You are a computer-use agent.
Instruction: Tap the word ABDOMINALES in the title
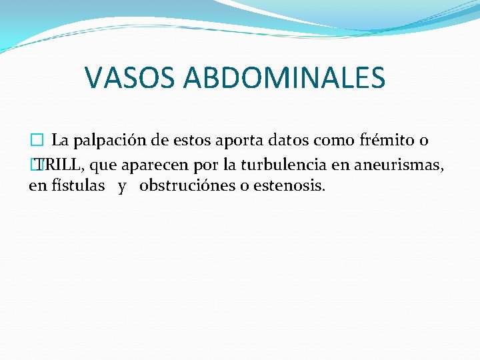coord(285,77)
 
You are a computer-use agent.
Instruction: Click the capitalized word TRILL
coord(58,163)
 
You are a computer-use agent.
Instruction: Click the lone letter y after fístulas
coord(122,187)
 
